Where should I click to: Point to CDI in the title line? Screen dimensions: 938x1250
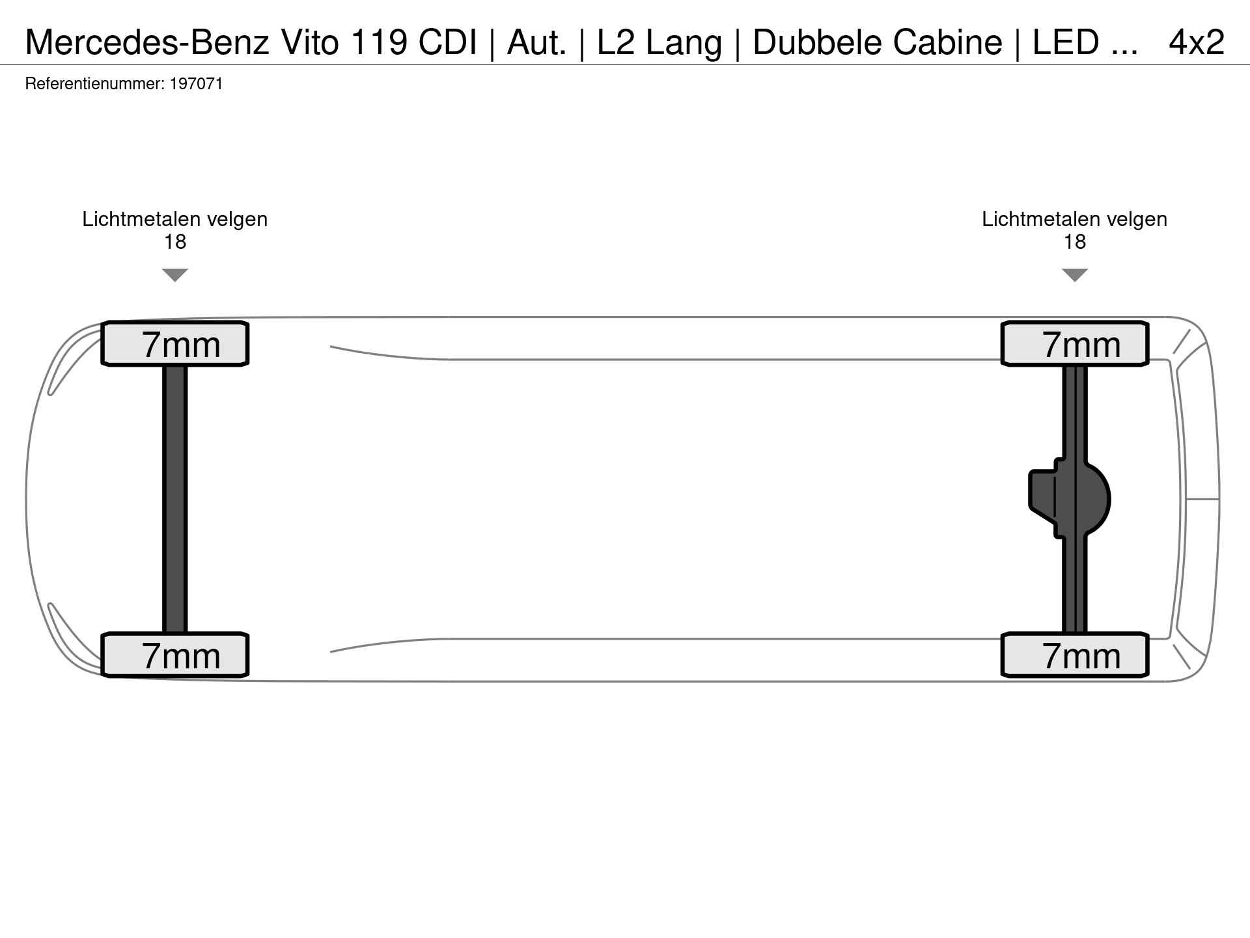pos(447,42)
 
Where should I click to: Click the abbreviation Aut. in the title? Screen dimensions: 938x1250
pos(536,42)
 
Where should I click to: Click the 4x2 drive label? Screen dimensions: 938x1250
pos(1197,42)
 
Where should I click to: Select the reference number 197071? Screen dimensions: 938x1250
pos(196,84)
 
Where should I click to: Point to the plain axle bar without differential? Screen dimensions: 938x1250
pos(174,499)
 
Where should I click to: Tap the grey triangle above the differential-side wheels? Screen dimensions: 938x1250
pos(1074,275)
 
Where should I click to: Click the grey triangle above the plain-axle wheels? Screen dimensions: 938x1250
pos(174,275)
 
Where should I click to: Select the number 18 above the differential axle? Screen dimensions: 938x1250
pos(1074,242)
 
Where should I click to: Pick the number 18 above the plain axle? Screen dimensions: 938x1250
pos(174,242)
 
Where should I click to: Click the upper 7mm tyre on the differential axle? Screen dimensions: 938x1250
pos(1074,344)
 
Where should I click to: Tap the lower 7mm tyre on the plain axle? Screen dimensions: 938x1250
pos(174,655)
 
